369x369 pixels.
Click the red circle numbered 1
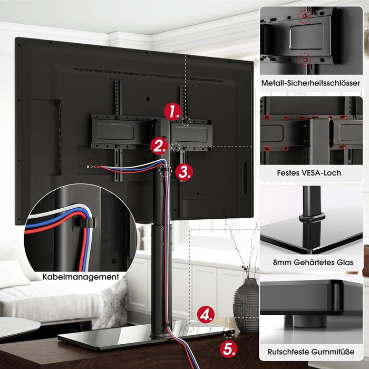172,112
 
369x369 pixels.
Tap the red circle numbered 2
159,146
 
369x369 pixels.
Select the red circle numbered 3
184,172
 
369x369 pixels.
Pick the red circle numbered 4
206,315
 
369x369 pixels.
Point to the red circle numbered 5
228,349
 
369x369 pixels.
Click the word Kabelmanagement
81,277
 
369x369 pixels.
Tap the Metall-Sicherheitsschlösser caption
310,83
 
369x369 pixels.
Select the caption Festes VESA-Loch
309,173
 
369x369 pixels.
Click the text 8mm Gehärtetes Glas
313,262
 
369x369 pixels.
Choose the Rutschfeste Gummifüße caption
311,352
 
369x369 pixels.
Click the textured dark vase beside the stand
246,305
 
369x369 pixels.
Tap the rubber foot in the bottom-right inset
309,321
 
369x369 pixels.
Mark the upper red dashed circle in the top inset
304,16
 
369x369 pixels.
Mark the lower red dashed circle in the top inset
304,60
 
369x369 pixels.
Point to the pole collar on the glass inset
312,218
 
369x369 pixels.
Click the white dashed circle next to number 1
187,121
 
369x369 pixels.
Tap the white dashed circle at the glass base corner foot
228,333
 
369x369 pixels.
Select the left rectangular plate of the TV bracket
115,132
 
